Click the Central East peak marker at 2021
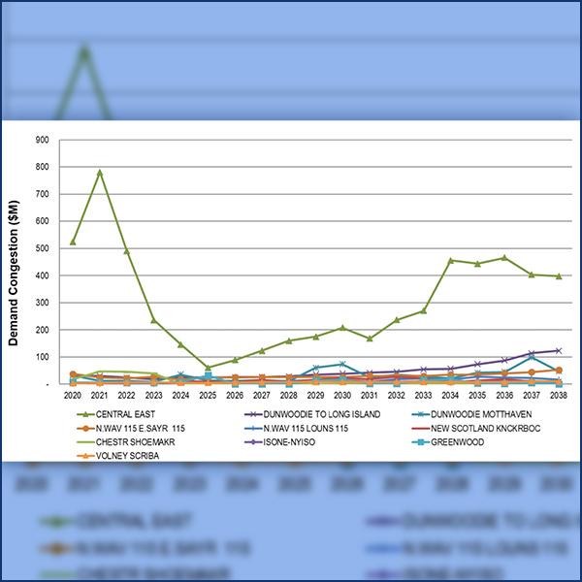pyautogui.click(x=99, y=173)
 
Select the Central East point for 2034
pyautogui.click(x=451, y=261)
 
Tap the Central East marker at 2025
pyautogui.click(x=208, y=368)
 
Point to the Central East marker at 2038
pyautogui.click(x=559, y=276)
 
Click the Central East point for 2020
pyautogui.click(x=73, y=242)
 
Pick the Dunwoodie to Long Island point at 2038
pyautogui.click(x=559, y=350)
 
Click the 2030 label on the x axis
pyautogui.click(x=342, y=396)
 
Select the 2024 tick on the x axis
pyautogui.click(x=180, y=396)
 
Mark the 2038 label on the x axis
pyautogui.click(x=559, y=396)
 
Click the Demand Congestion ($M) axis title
pyautogui.click(x=15, y=262)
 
